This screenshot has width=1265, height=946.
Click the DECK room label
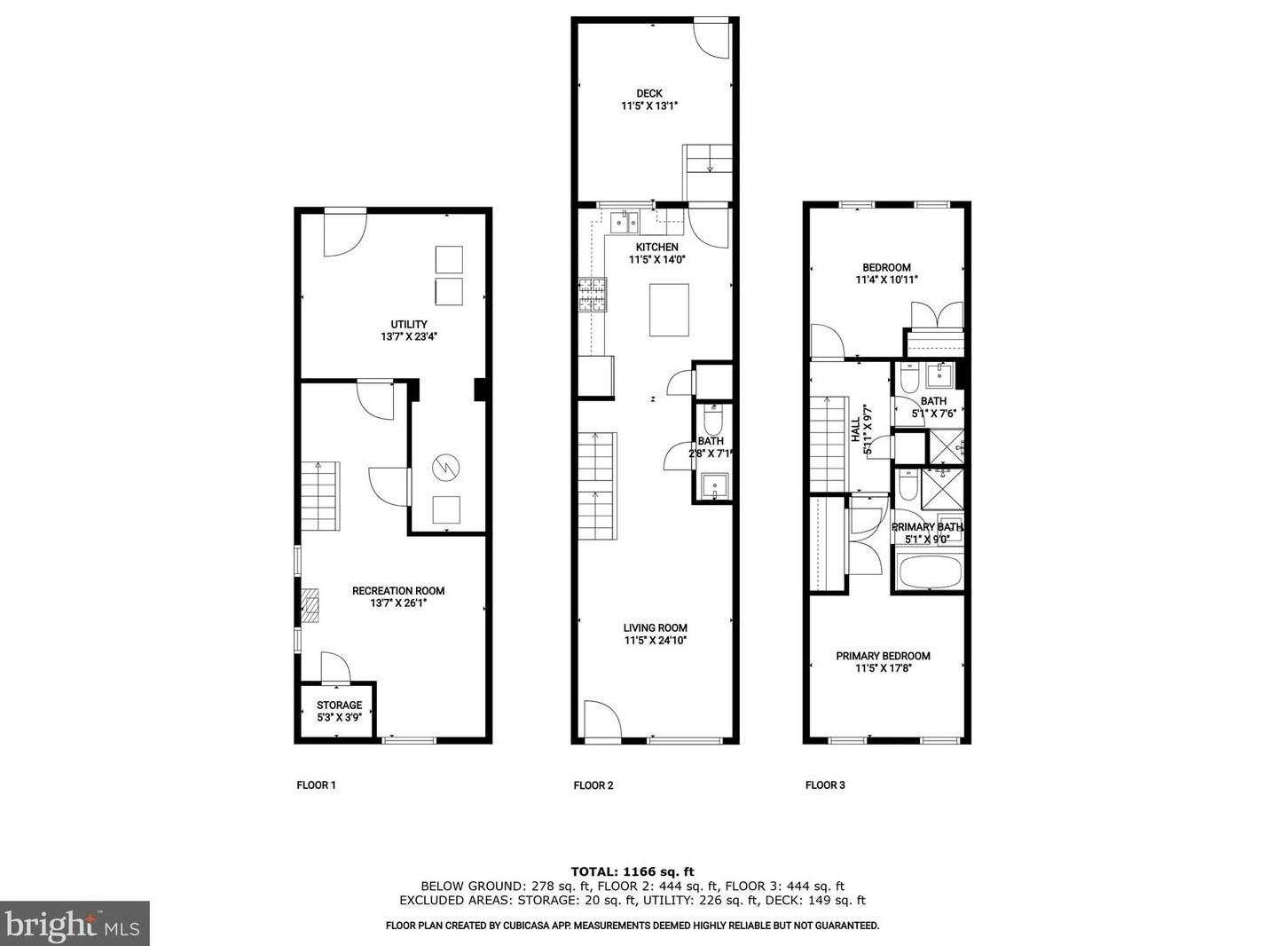[x=649, y=93]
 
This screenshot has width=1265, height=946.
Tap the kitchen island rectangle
[x=669, y=309]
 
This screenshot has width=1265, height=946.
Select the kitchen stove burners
[x=593, y=295]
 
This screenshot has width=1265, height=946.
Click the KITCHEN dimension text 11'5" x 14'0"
[x=656, y=260]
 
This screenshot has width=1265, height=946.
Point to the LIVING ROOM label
[x=655, y=627]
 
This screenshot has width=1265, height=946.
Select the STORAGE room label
[x=339, y=706]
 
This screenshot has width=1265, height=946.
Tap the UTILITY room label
[x=409, y=324]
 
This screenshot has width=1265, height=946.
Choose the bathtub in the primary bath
[x=929, y=572]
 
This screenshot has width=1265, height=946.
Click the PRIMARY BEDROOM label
[x=883, y=656]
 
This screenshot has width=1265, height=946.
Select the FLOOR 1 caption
[x=316, y=784]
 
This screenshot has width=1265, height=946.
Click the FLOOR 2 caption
[x=593, y=784]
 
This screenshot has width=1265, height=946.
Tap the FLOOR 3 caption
[x=825, y=784]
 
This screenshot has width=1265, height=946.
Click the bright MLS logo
[x=75, y=924]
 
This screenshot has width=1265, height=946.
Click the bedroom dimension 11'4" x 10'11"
[x=886, y=280]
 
